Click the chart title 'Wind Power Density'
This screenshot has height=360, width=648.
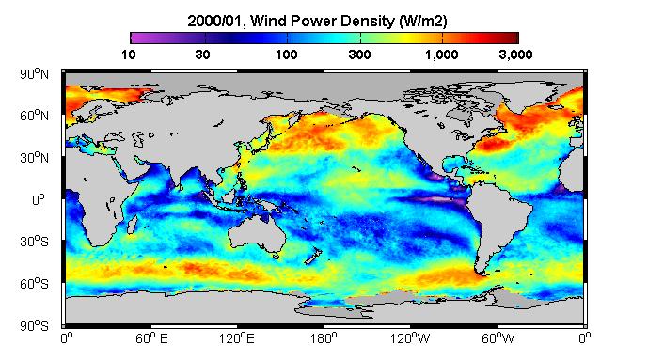tap(323, 21)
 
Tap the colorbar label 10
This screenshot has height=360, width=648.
tap(129, 55)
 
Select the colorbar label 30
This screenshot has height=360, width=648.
tap(202, 55)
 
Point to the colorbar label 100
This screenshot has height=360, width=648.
tap(287, 55)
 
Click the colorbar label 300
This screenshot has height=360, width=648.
tap(359, 55)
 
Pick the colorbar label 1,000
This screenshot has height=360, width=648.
tap(442, 55)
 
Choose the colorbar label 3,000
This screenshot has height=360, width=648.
tap(515, 55)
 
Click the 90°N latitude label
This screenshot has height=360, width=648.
tap(34, 74)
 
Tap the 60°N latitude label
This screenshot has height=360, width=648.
tap(34, 116)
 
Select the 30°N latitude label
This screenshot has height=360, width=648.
tap(34, 158)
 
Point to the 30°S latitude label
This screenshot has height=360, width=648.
tap(34, 242)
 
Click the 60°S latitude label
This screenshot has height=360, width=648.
tap(34, 284)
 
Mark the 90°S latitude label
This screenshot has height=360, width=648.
tap(34, 326)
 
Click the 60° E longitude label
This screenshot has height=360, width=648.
tap(151, 339)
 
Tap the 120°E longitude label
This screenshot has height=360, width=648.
tap(236, 339)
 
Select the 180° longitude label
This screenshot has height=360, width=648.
tap(324, 339)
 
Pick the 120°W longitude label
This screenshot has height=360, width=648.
tap(410, 339)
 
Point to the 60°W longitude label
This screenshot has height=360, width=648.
tap(498, 339)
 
